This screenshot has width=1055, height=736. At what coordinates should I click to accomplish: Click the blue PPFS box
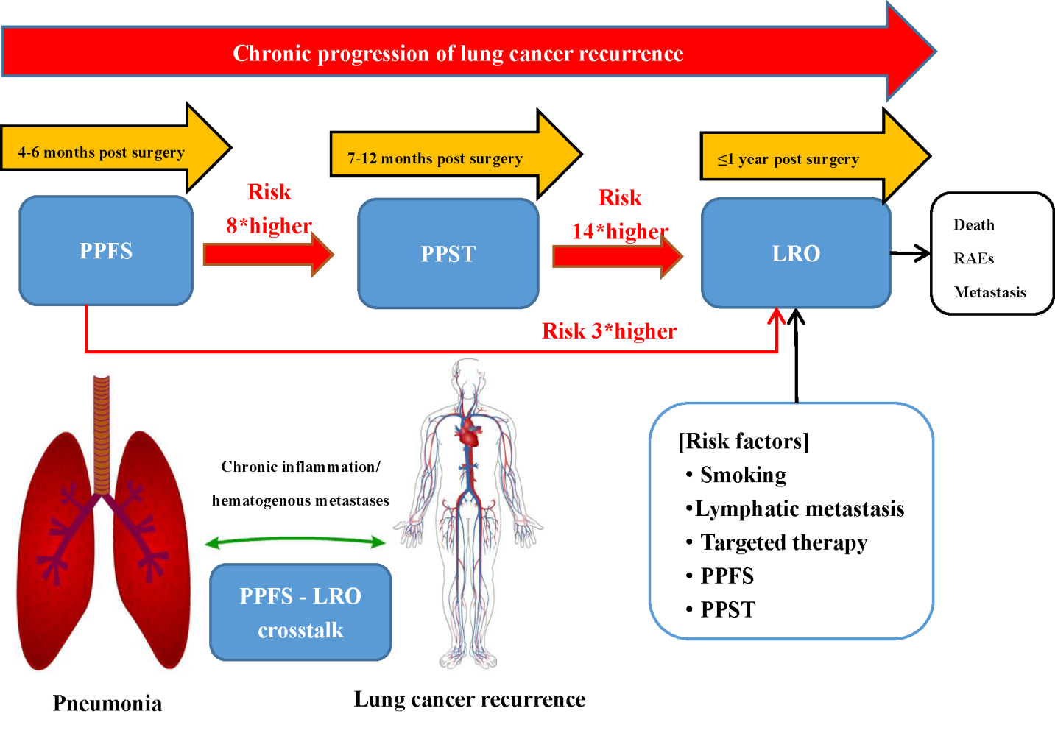(x=106, y=250)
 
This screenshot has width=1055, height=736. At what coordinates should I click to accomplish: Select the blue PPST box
(x=448, y=253)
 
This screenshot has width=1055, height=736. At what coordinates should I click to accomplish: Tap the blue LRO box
(x=796, y=252)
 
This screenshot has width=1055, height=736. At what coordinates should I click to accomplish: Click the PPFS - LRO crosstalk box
(x=300, y=612)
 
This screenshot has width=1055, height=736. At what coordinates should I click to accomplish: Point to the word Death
(x=973, y=224)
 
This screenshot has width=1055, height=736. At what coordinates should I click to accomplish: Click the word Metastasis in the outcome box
(x=989, y=292)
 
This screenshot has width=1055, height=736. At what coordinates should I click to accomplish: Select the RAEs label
(x=973, y=258)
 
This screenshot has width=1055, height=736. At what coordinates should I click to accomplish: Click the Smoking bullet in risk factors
(x=743, y=475)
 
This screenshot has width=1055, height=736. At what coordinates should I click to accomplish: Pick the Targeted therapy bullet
(x=783, y=542)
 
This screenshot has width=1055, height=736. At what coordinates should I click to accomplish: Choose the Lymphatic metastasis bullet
(x=799, y=509)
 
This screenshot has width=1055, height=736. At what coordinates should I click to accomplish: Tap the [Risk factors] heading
(x=744, y=441)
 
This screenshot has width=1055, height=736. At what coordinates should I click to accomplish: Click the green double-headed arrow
(x=295, y=542)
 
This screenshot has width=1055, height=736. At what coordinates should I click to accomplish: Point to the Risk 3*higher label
(x=609, y=331)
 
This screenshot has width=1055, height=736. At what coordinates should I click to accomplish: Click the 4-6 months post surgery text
(x=101, y=152)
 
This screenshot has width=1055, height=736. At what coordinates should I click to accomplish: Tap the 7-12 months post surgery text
(x=434, y=158)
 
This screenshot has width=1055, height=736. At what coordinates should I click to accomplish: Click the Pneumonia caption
(x=107, y=703)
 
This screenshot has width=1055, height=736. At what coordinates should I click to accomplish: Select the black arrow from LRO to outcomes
(x=911, y=253)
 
